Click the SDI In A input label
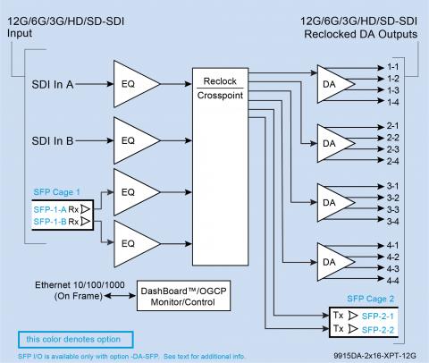pyautogui.click(x=53, y=84)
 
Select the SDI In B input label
pyautogui.click(x=53, y=140)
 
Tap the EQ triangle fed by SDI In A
pyautogui.click(x=137, y=84)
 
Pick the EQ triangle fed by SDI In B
pyautogui.click(x=137, y=140)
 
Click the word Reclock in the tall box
pyautogui.click(x=220, y=81)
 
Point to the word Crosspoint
pyautogui.click(x=220, y=96)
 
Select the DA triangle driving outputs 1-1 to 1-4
pyautogui.click(x=336, y=84)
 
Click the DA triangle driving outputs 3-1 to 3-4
pyautogui.click(x=336, y=203)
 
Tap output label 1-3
pyautogui.click(x=393, y=90)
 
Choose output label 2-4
pyautogui.click(x=393, y=161)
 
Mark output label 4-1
pyautogui.click(x=393, y=245)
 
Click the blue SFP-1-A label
pyautogui.click(x=50, y=209)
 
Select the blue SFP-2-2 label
pyautogui.click(x=378, y=330)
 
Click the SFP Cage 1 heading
pyautogui.click(x=56, y=192)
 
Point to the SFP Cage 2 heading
pyautogui.click(x=371, y=299)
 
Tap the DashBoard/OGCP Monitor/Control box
pyautogui.click(x=183, y=296)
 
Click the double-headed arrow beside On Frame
pyautogui.click(x=120, y=296)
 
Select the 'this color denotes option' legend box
pyautogui.click(x=76, y=340)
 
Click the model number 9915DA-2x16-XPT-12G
pyautogui.click(x=374, y=356)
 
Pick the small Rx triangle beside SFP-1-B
pyautogui.click(x=86, y=222)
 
